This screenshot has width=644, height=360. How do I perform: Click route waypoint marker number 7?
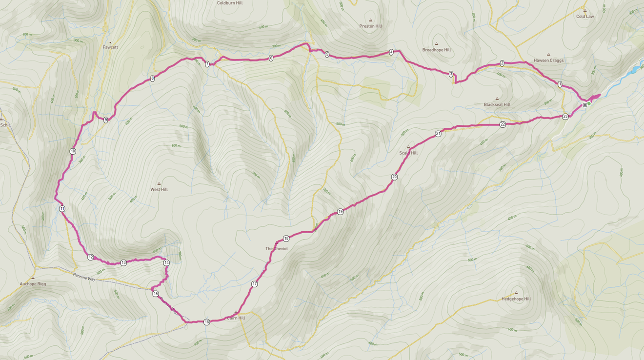207,64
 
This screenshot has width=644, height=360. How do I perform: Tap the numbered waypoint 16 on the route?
207,322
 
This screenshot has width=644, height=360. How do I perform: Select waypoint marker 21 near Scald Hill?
438,134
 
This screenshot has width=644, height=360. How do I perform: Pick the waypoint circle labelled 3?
451,74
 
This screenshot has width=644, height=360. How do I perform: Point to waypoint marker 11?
62,209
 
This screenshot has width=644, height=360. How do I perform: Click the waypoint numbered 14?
166,263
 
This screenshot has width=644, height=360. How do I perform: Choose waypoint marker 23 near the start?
565,117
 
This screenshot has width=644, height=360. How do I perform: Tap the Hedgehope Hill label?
516,299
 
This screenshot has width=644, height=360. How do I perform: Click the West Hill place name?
159,189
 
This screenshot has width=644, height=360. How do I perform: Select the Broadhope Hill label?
436,50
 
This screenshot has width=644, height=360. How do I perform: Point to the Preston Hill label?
371,26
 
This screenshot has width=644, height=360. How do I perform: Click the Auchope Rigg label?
33,283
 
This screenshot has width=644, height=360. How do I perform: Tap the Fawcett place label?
110,47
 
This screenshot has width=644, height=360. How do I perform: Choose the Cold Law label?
585,17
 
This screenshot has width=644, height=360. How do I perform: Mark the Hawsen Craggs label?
548,60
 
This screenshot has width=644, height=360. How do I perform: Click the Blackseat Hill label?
497,104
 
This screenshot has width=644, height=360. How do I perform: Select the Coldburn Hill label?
230,3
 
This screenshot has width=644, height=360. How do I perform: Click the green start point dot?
589,103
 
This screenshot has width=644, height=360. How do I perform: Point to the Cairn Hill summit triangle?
236,312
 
